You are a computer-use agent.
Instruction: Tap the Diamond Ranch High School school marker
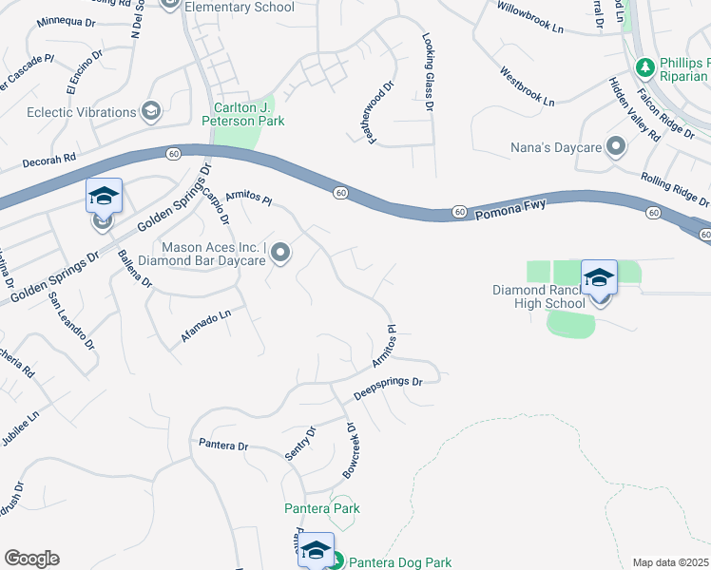click(x=599, y=279)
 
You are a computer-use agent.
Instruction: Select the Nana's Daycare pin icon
click(x=615, y=147)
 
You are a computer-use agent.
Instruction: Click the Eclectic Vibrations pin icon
click(x=149, y=112)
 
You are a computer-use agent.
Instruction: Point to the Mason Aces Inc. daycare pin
click(x=279, y=253)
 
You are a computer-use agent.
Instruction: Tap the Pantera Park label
click(x=322, y=508)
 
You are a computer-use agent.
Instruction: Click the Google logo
click(x=31, y=559)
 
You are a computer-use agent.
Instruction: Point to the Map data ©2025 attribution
click(x=670, y=562)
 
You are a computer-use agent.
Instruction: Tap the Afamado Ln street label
click(x=207, y=326)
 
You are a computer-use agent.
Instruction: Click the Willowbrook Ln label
click(x=530, y=16)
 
